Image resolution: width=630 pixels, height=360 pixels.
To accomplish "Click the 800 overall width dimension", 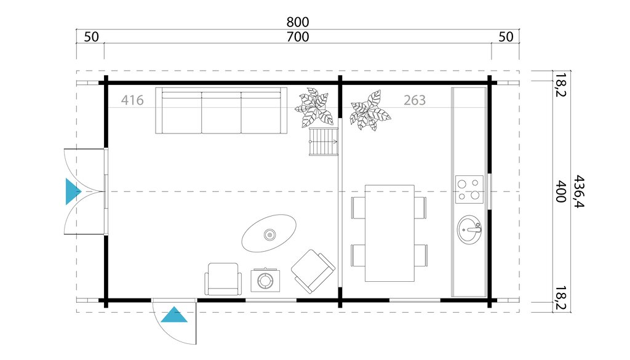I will [298, 22].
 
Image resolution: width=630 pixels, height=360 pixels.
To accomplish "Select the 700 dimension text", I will [298, 37].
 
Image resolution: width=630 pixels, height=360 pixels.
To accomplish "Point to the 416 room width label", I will [132, 100].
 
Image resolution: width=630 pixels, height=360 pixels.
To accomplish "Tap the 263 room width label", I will [415, 100].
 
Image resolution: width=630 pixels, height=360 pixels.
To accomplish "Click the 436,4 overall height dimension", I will [579, 191].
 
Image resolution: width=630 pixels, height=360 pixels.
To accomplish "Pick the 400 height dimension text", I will [560, 191].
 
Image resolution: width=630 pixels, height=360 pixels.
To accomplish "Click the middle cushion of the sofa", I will [221, 113].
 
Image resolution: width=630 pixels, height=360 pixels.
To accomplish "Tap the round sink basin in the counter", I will [471, 230].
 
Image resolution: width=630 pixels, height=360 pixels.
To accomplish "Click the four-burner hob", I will [469, 190].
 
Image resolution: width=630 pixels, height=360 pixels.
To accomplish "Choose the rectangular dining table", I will [389, 233].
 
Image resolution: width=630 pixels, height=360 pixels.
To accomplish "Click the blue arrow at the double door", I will [73, 191].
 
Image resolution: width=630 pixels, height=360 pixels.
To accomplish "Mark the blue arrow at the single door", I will [174, 315].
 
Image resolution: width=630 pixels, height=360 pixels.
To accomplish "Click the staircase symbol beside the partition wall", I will [324, 143].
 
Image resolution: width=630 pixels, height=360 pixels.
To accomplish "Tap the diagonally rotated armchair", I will [313, 271].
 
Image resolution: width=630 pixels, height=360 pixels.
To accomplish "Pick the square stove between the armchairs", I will [266, 281].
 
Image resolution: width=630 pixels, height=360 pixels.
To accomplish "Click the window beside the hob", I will [490, 191].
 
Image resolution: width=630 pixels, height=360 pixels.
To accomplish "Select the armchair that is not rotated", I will [222, 279].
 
